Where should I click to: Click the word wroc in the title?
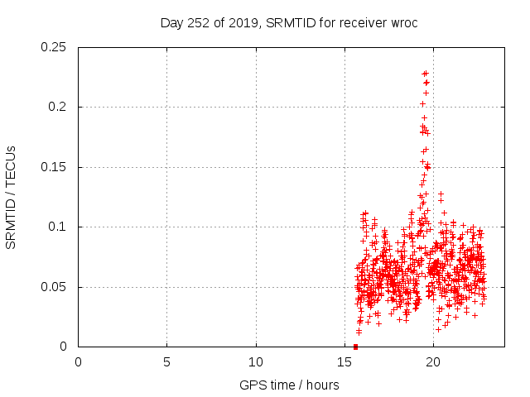[402, 22]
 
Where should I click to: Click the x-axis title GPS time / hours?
[289, 385]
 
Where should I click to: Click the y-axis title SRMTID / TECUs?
[12, 197]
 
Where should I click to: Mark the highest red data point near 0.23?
[426, 73]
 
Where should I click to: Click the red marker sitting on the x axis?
[355, 347]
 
